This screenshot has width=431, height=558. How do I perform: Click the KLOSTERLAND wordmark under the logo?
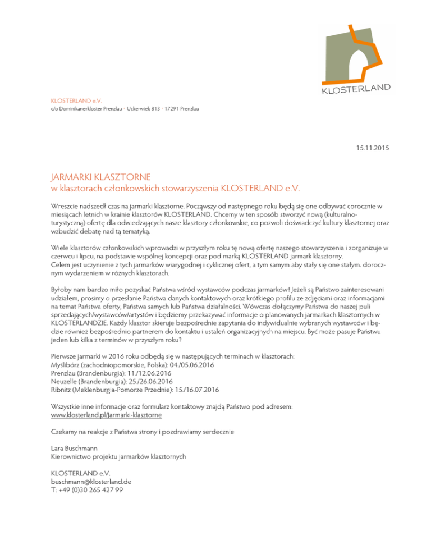point(356,89)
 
